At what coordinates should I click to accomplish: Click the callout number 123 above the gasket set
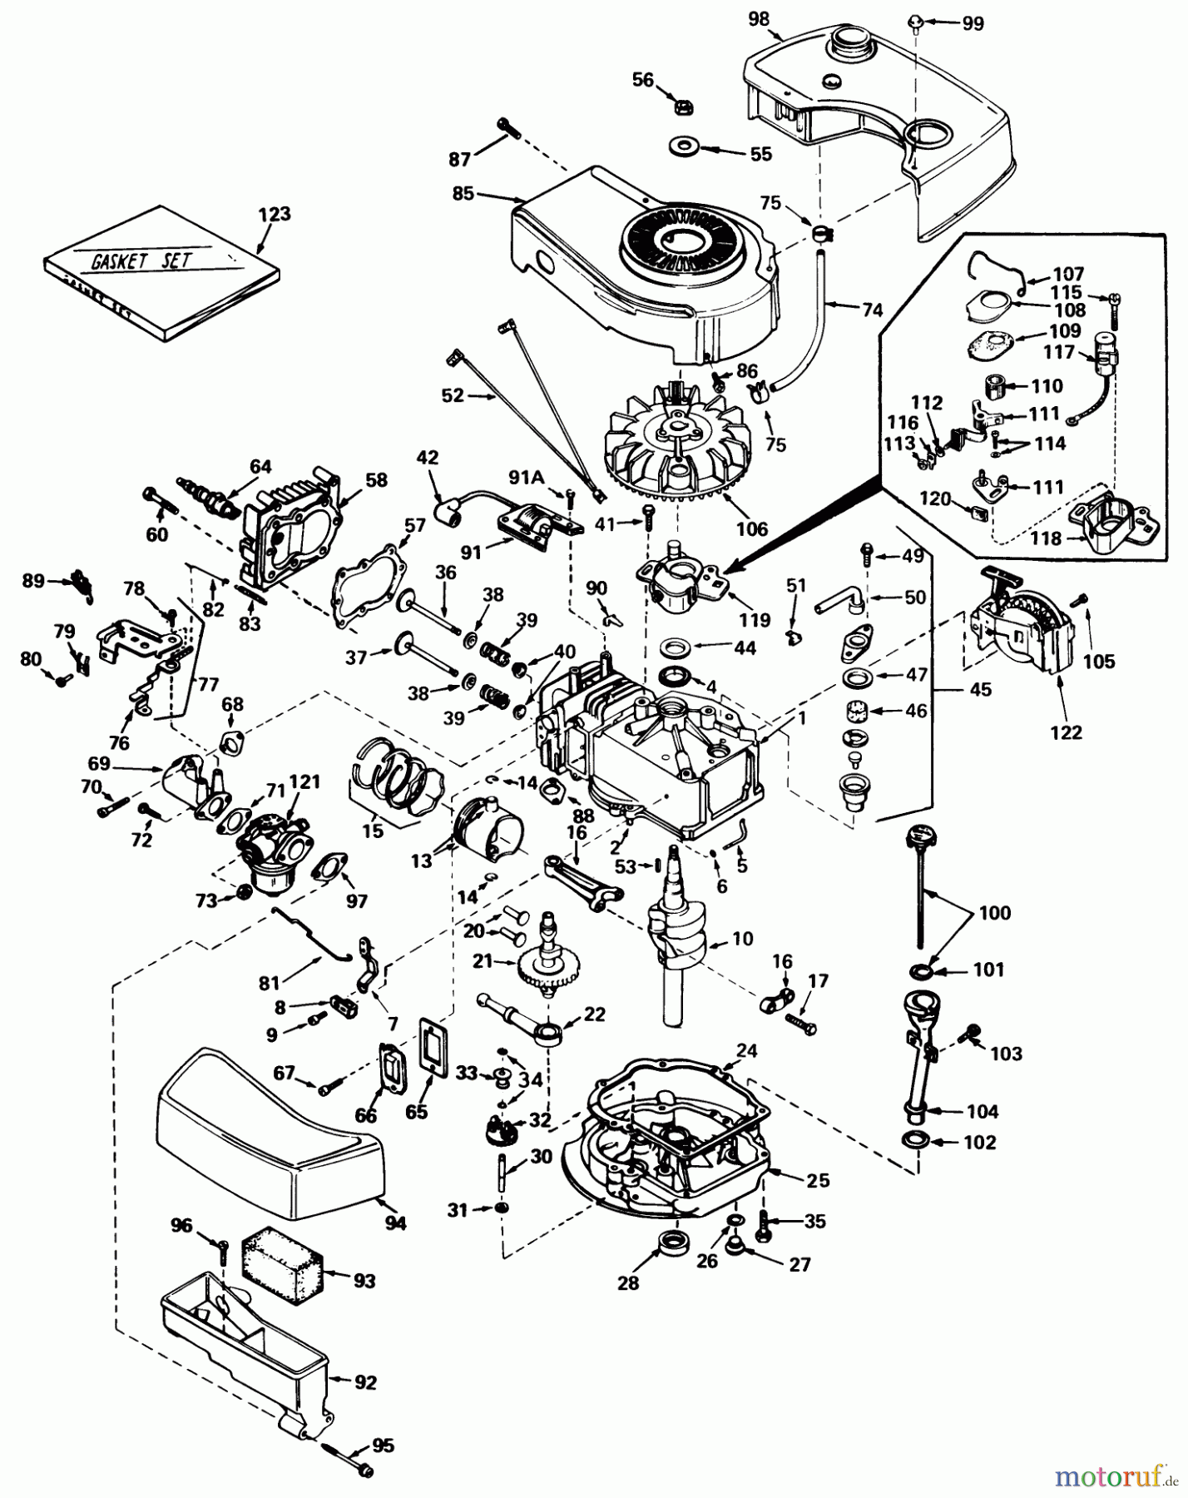pyautogui.click(x=275, y=214)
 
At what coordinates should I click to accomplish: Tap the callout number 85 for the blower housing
pyautogui.click(x=463, y=193)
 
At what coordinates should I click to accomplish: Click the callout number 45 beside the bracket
pyautogui.click(x=982, y=689)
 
